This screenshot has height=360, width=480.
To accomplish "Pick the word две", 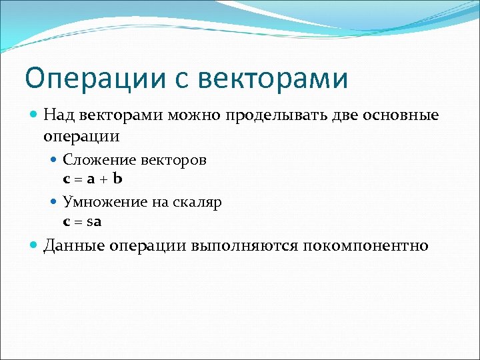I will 345,115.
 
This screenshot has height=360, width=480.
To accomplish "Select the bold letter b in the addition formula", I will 117,178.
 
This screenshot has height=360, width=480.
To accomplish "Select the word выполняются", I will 245,246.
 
